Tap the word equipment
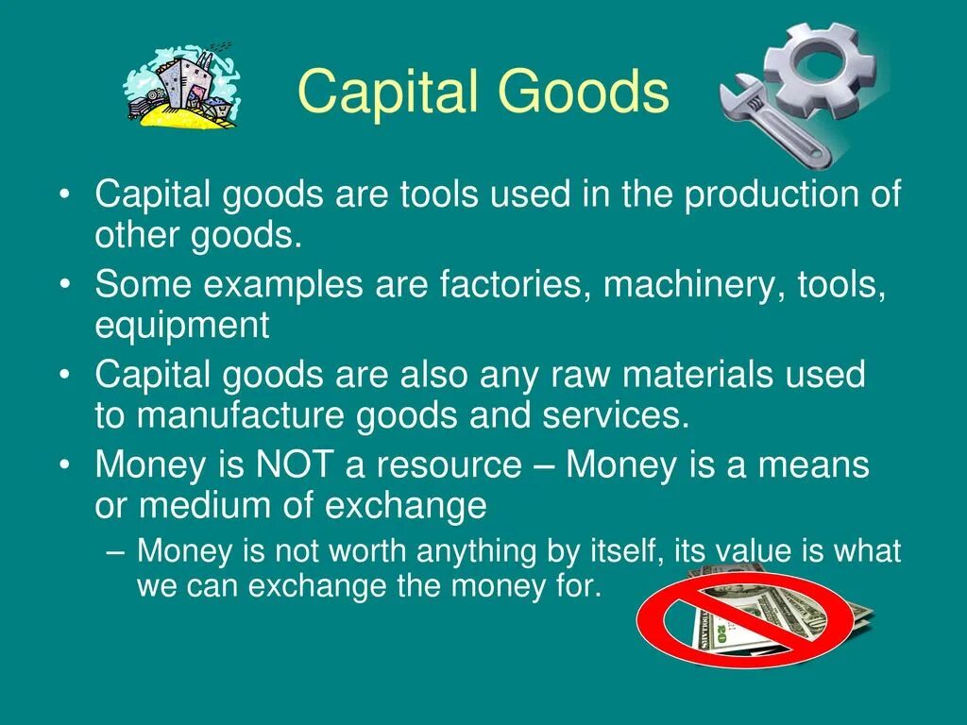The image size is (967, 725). (181, 327)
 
